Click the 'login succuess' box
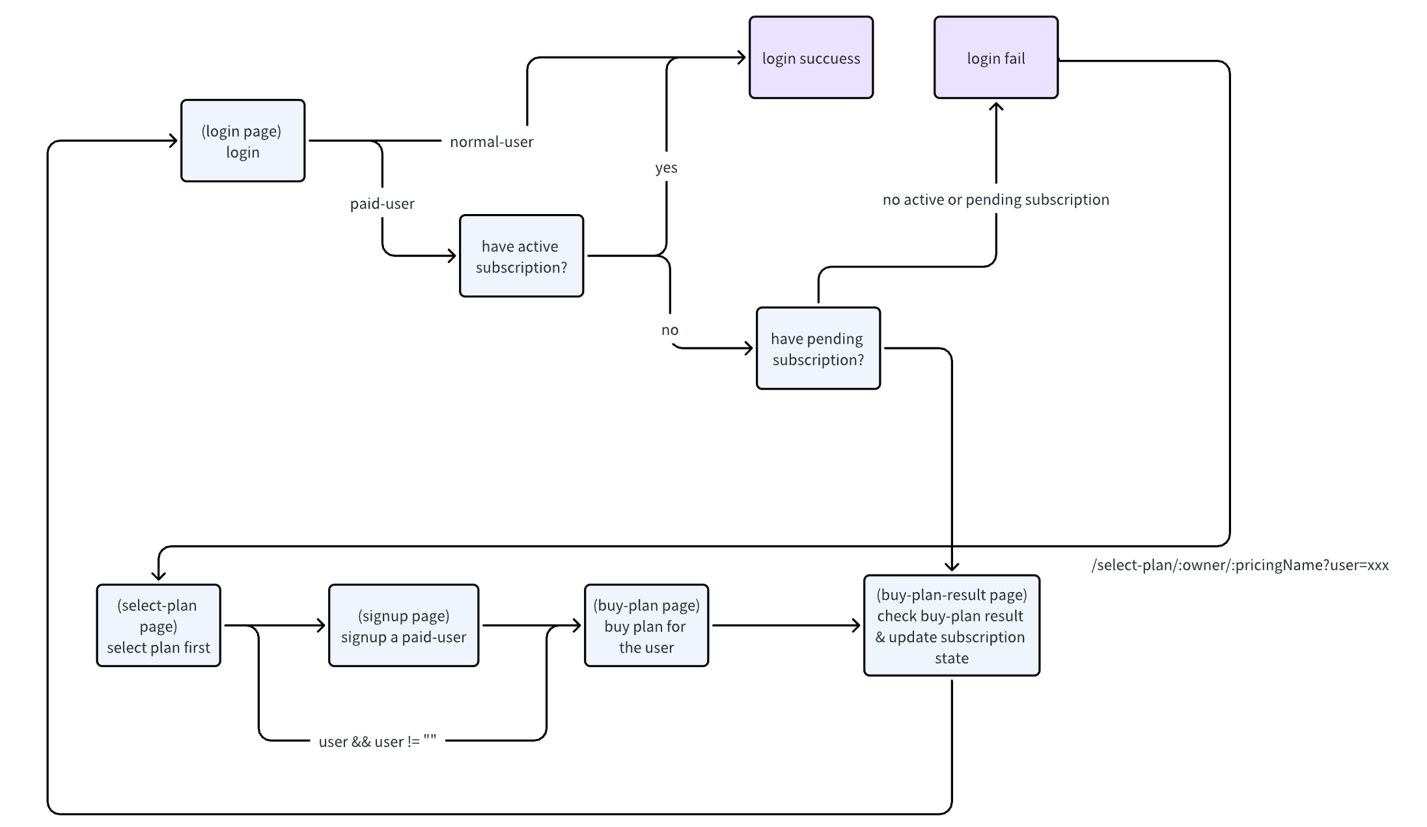tap(810, 58)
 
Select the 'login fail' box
tap(995, 58)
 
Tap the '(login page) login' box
tap(242, 141)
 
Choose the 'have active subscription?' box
tap(521, 256)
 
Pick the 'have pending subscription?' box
tap(818, 348)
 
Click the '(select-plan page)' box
tap(158, 625)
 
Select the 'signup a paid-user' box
tap(403, 625)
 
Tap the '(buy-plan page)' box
tap(646, 625)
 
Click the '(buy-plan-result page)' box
tap(951, 625)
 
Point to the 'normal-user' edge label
tap(492, 141)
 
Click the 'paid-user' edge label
tap(382, 204)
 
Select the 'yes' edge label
tap(666, 168)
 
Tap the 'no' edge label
tap(670, 330)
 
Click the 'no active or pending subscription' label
tap(995, 200)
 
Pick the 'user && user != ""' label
tap(377, 741)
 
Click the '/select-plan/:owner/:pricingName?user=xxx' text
tap(1240, 565)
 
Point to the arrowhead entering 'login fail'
tap(996, 105)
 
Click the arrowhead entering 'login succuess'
tap(741, 57)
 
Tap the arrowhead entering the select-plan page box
tap(158, 576)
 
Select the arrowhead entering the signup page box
tap(321, 625)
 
